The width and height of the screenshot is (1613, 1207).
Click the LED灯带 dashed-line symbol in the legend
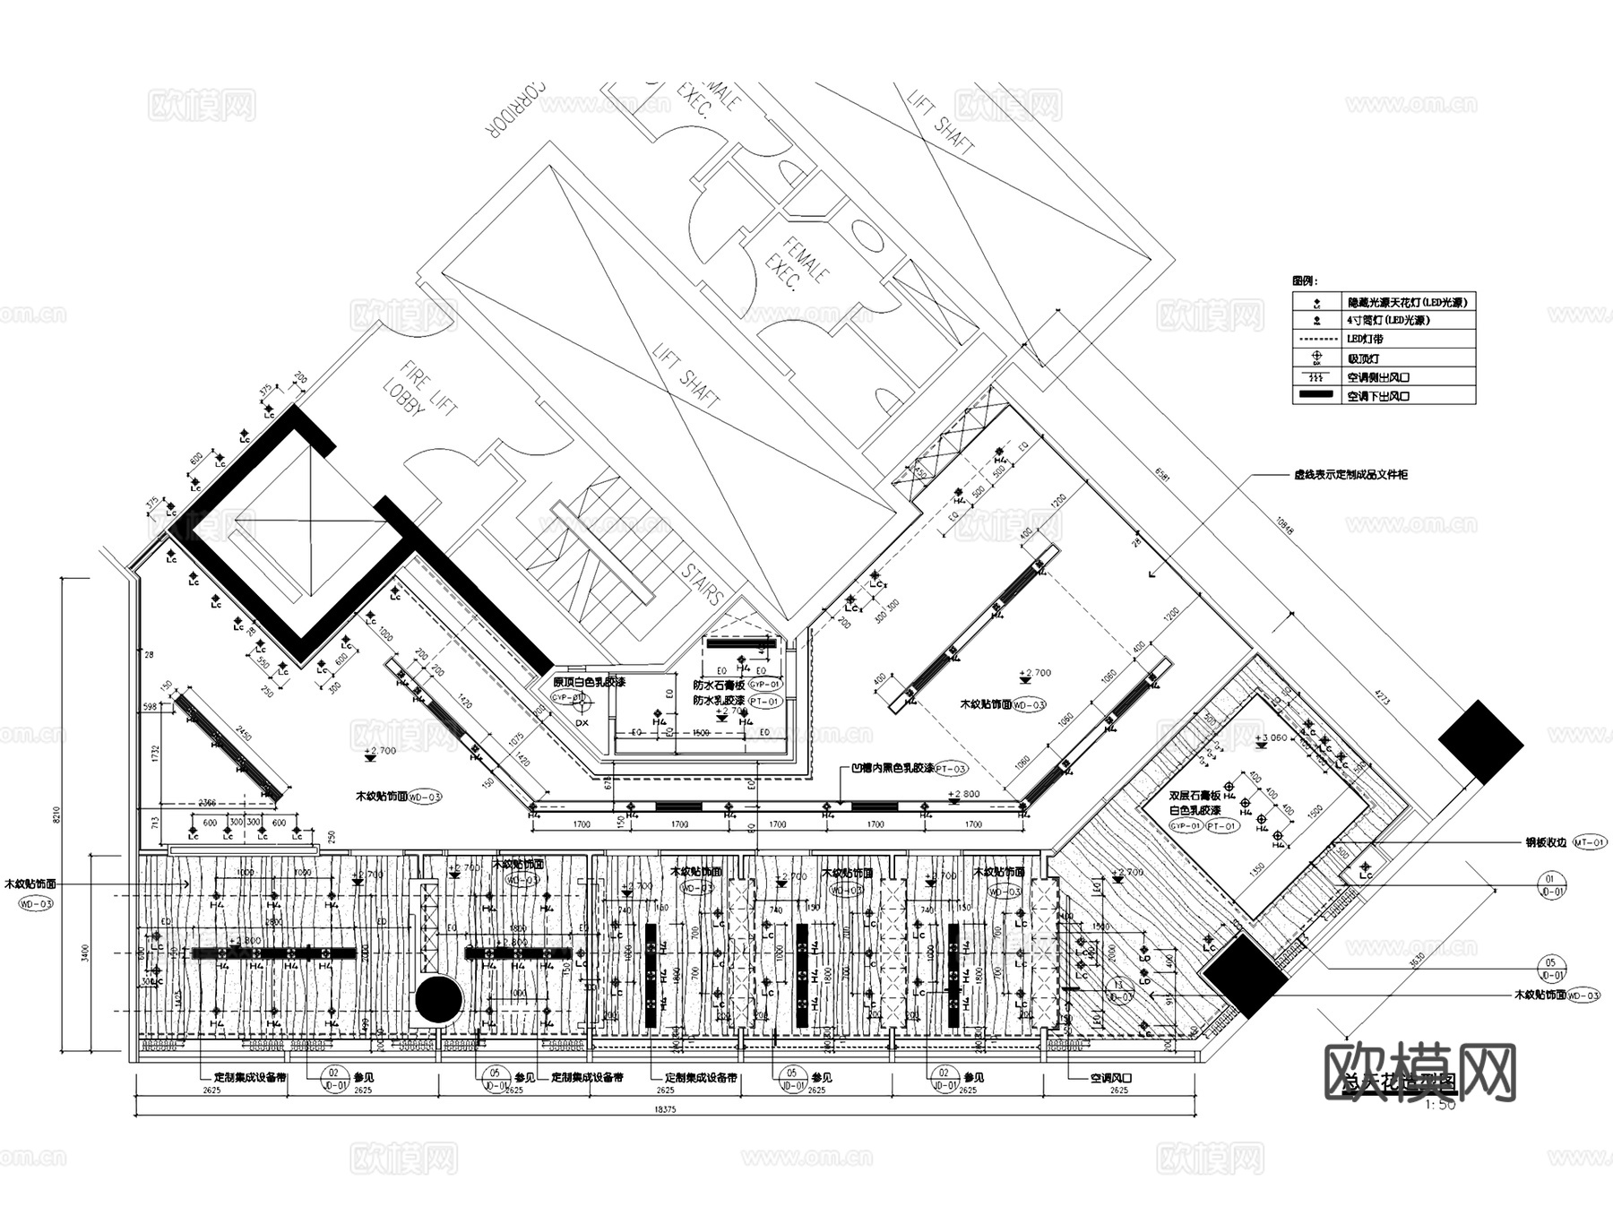[x=1316, y=340]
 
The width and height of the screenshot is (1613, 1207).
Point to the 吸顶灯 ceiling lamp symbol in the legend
[x=1316, y=358]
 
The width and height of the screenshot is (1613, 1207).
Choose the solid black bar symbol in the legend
[x=1316, y=395]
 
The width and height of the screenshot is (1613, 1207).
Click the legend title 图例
[x=1305, y=281]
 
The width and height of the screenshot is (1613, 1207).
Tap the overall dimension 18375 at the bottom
[x=664, y=1110]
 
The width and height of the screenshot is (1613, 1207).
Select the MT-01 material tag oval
[x=1590, y=842]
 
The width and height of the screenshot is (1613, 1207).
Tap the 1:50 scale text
[x=1439, y=1106]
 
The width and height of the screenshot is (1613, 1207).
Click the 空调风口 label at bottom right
[x=1110, y=1078]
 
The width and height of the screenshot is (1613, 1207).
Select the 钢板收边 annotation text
[x=1546, y=842]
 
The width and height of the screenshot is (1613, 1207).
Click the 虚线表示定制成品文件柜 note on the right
[x=1350, y=474]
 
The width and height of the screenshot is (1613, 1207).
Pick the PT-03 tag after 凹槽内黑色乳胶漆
[x=952, y=769]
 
